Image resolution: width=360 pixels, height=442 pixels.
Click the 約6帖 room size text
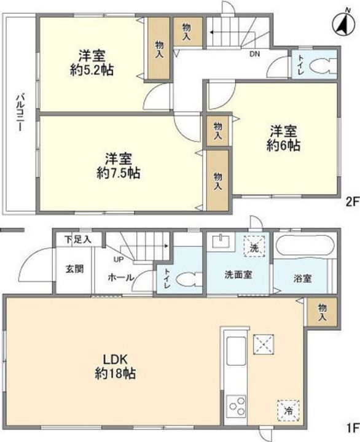(x=283, y=147)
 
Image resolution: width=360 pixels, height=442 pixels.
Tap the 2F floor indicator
(x=351, y=200)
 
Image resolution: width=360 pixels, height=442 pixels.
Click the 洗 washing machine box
(x=254, y=247)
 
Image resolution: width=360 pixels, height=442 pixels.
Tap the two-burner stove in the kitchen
(x=236, y=407)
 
